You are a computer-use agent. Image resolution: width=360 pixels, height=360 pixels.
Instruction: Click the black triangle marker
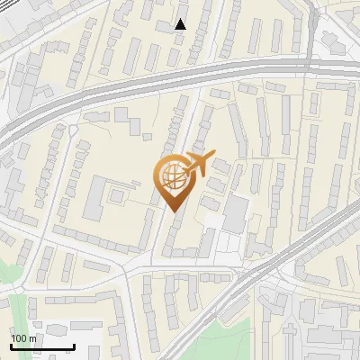pyautogui.click(x=181, y=24)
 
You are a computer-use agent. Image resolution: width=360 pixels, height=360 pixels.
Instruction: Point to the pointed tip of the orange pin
pyautogui.click(x=174, y=211)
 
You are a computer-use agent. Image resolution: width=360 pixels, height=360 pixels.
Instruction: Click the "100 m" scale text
pyautogui.click(x=23, y=338)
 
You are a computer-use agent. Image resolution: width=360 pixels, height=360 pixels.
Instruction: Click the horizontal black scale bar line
pyautogui.click(x=42, y=346)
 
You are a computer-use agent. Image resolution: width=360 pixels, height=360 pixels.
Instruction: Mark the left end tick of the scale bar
pyautogui.click(x=11, y=345)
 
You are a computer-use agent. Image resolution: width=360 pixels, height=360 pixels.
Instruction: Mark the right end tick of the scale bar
pyautogui.click(x=74, y=345)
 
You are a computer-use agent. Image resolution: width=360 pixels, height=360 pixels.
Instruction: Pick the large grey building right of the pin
pyautogui.click(x=236, y=214)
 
